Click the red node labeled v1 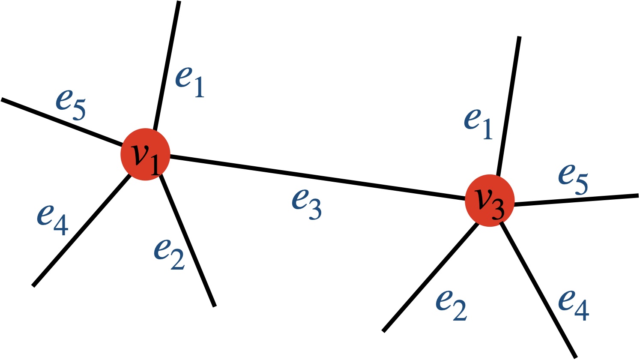(x=145, y=154)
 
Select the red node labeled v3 (x=490, y=201)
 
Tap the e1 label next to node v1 (x=190, y=82)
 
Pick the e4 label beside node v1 (x=52, y=218)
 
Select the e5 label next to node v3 (x=573, y=178)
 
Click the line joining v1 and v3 (x=317, y=177)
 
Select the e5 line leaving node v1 (x=60, y=121)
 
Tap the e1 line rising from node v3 (x=508, y=105)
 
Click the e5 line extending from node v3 (x=576, y=200)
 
